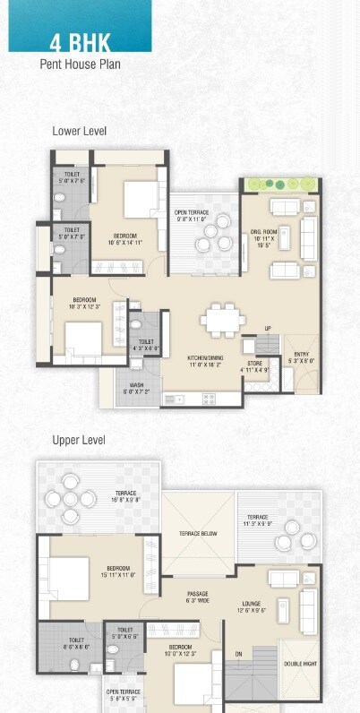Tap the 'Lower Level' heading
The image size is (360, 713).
point(79,132)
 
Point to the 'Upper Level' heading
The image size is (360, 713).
point(79,440)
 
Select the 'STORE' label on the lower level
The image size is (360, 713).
point(253,364)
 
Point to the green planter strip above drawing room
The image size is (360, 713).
point(281,184)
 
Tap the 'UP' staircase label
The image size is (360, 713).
point(267,327)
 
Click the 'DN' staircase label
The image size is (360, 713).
point(238,655)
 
